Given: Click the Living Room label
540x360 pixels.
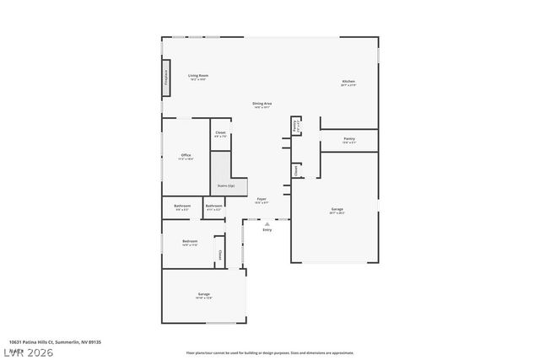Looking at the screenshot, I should click(197, 76).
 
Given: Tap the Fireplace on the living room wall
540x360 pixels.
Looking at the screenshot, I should click(165, 82).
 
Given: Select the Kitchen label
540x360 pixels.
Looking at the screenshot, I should click(348, 82).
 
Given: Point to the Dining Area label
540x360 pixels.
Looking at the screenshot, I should click(262, 104).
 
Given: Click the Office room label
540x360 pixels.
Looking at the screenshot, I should click(186, 156).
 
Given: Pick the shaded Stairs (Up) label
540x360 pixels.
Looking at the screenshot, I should click(226, 185).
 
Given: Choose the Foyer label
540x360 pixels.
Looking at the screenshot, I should click(262, 200).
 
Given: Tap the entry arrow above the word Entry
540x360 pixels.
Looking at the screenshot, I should click(267, 223).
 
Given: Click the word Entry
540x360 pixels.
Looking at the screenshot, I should click(267, 230).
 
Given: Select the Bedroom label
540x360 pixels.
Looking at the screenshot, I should click(190, 242).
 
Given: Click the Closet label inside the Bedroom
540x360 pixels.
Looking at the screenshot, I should click(219, 254).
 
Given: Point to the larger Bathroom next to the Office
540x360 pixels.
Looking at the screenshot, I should click(182, 206).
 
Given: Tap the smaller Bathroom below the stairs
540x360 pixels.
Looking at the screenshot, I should click(213, 206).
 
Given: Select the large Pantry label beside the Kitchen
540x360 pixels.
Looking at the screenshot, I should click(348, 139).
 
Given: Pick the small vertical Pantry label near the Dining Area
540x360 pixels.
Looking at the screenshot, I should click(296, 126).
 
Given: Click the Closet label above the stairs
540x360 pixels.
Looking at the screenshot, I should click(220, 133).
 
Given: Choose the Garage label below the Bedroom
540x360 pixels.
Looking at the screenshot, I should click(203, 294).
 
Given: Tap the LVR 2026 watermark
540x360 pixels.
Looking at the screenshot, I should click(27, 352).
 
